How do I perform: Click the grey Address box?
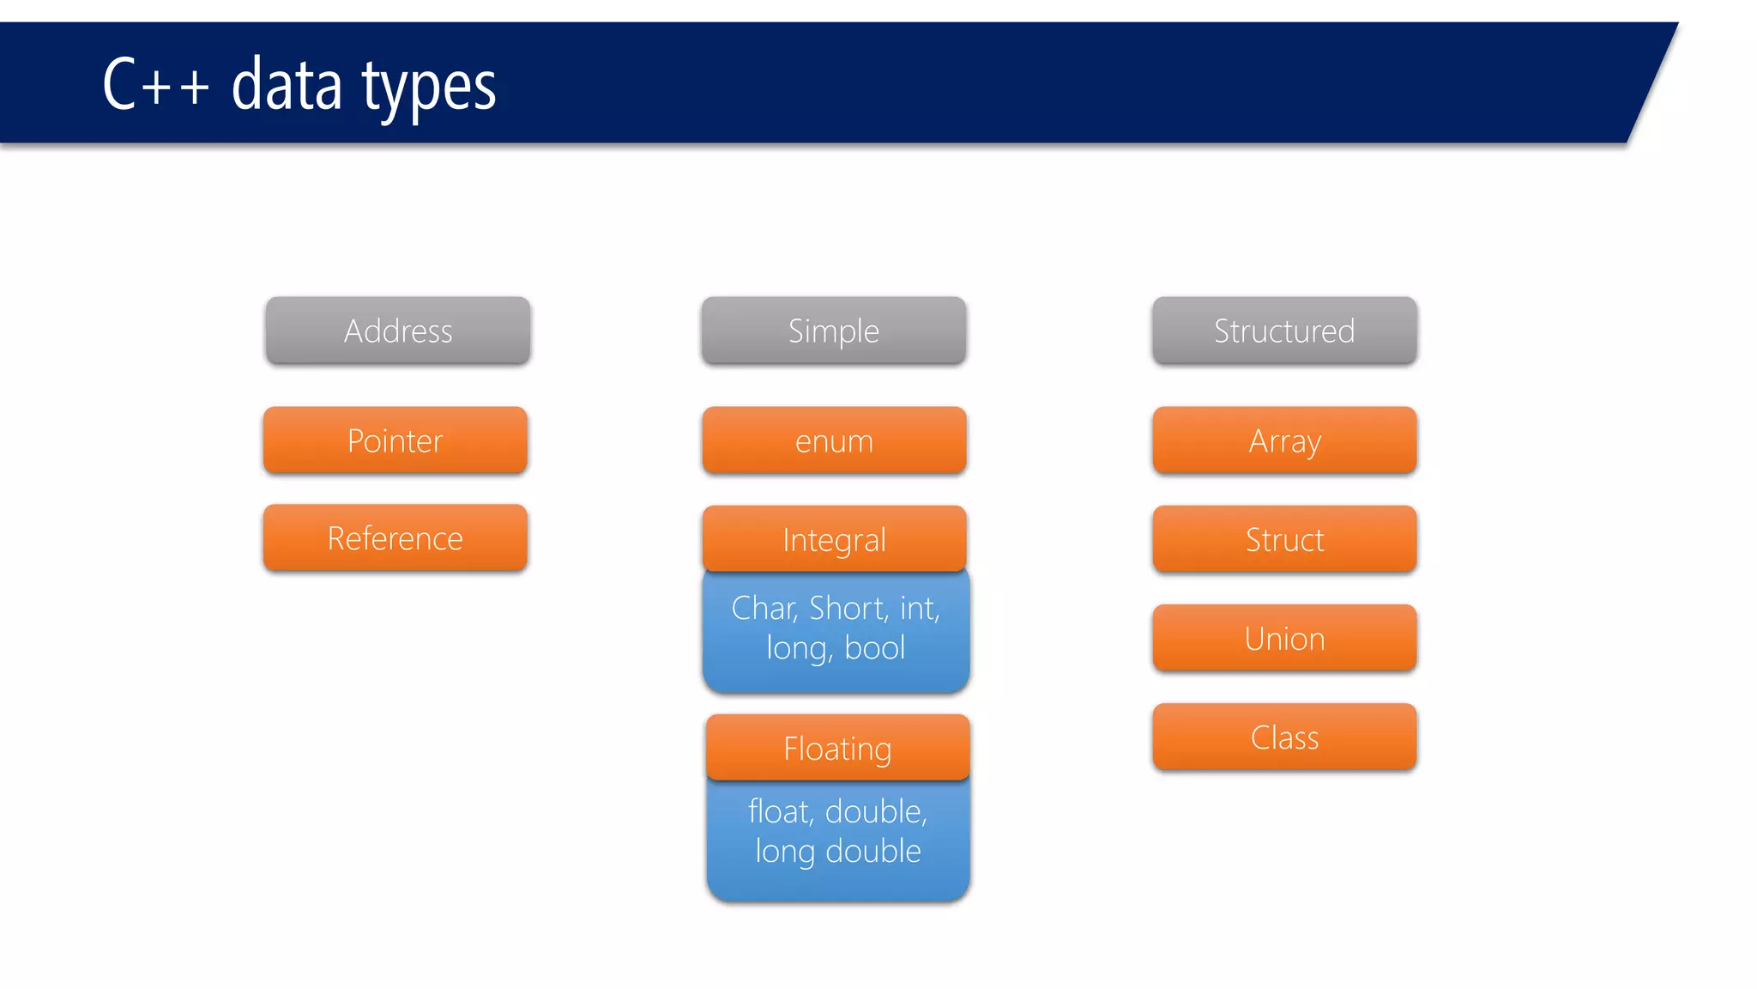[397, 331]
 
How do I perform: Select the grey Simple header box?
[833, 331]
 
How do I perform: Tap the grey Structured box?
[1283, 331]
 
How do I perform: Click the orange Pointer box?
[395, 440]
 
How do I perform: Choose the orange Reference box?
[395, 538]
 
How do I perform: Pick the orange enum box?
[833, 440]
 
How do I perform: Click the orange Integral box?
[833, 539]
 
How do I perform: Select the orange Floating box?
[837, 748]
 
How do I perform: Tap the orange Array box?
[1283, 440]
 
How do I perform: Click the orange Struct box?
[1283, 539]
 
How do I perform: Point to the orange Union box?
[1283, 638]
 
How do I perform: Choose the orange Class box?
[1283, 737]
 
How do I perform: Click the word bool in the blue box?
[874, 647]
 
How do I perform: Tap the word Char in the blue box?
[764, 608]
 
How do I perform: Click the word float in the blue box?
[779, 811]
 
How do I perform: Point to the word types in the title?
[428, 86]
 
